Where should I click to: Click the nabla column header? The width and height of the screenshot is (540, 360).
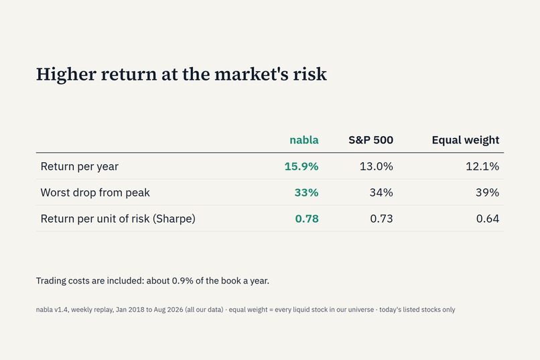point(303,140)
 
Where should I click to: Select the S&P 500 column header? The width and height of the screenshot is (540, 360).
point(370,140)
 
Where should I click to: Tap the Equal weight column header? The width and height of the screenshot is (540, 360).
point(465,140)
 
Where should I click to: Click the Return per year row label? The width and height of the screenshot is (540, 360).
point(79,167)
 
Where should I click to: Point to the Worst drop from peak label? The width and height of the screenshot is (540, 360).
point(95,192)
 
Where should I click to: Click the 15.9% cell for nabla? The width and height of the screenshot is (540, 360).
point(301,166)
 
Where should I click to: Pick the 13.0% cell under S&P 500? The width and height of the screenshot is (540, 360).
point(376,166)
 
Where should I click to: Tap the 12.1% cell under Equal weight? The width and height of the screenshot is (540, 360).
point(482,166)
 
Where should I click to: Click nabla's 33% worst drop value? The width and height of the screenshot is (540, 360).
point(306,192)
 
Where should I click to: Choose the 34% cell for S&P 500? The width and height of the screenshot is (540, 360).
point(381,192)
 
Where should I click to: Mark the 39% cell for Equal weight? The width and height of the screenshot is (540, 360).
point(487,192)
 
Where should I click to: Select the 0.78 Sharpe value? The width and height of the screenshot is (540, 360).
point(307,219)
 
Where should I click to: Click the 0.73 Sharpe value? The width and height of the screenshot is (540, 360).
point(381,219)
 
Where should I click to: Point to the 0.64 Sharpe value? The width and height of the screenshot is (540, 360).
point(487,219)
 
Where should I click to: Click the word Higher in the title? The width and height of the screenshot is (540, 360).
point(66,74)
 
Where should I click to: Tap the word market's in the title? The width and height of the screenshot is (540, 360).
point(251,74)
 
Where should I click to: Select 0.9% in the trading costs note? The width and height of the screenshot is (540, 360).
point(182,281)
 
